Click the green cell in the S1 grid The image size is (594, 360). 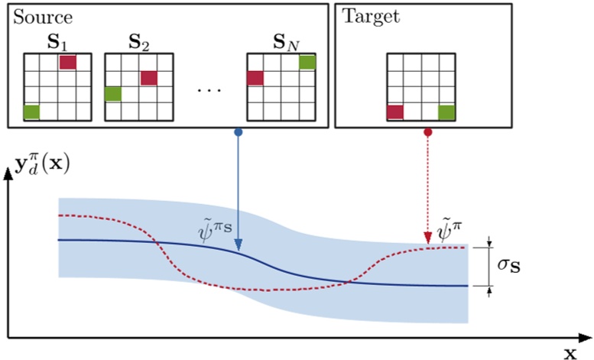coord(31,112)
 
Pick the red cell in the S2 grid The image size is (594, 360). coord(148,78)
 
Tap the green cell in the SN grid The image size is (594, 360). coord(307,62)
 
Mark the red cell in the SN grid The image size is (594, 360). coord(255,78)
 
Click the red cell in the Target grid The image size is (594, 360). coord(395,112)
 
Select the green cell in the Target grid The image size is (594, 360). coord(446,112)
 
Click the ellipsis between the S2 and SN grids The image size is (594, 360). coord(208,89)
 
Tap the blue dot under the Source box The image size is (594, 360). coord(239,133)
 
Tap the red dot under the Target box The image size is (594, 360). coord(427,133)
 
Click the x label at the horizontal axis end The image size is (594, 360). coord(570,352)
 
